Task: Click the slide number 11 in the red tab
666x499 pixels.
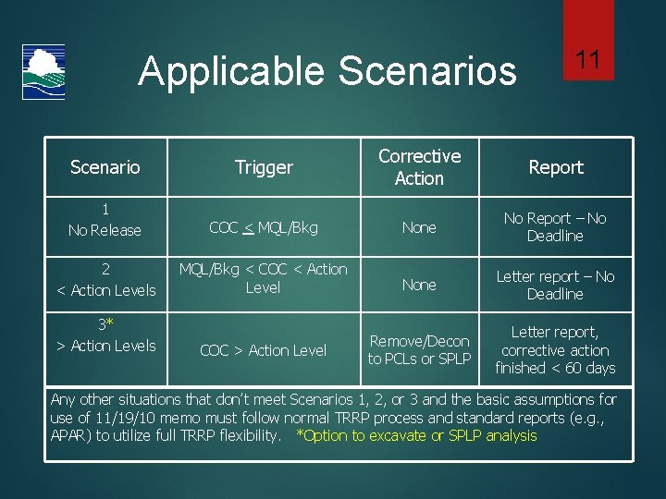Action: [x=588, y=61]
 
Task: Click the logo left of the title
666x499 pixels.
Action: [x=43, y=72]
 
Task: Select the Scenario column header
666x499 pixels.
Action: [x=105, y=167]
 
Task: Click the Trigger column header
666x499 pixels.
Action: [x=264, y=167]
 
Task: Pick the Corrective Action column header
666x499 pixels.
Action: [x=419, y=167]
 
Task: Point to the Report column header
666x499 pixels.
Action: [x=555, y=167]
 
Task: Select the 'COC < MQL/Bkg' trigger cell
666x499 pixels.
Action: [x=264, y=227]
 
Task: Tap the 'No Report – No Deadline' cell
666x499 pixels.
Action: [x=555, y=227]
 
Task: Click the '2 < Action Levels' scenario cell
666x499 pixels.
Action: [x=105, y=279]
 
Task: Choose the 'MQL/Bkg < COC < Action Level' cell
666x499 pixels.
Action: [x=264, y=278]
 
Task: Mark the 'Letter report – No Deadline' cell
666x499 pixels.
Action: [x=555, y=285]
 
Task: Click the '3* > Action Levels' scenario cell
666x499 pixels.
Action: [x=105, y=335]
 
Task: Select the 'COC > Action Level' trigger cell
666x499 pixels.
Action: [x=264, y=350]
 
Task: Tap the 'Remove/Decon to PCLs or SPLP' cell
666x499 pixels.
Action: [x=419, y=350]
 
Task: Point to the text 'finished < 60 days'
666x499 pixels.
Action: [x=555, y=368]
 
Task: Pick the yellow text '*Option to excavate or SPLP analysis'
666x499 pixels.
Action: [x=416, y=435]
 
